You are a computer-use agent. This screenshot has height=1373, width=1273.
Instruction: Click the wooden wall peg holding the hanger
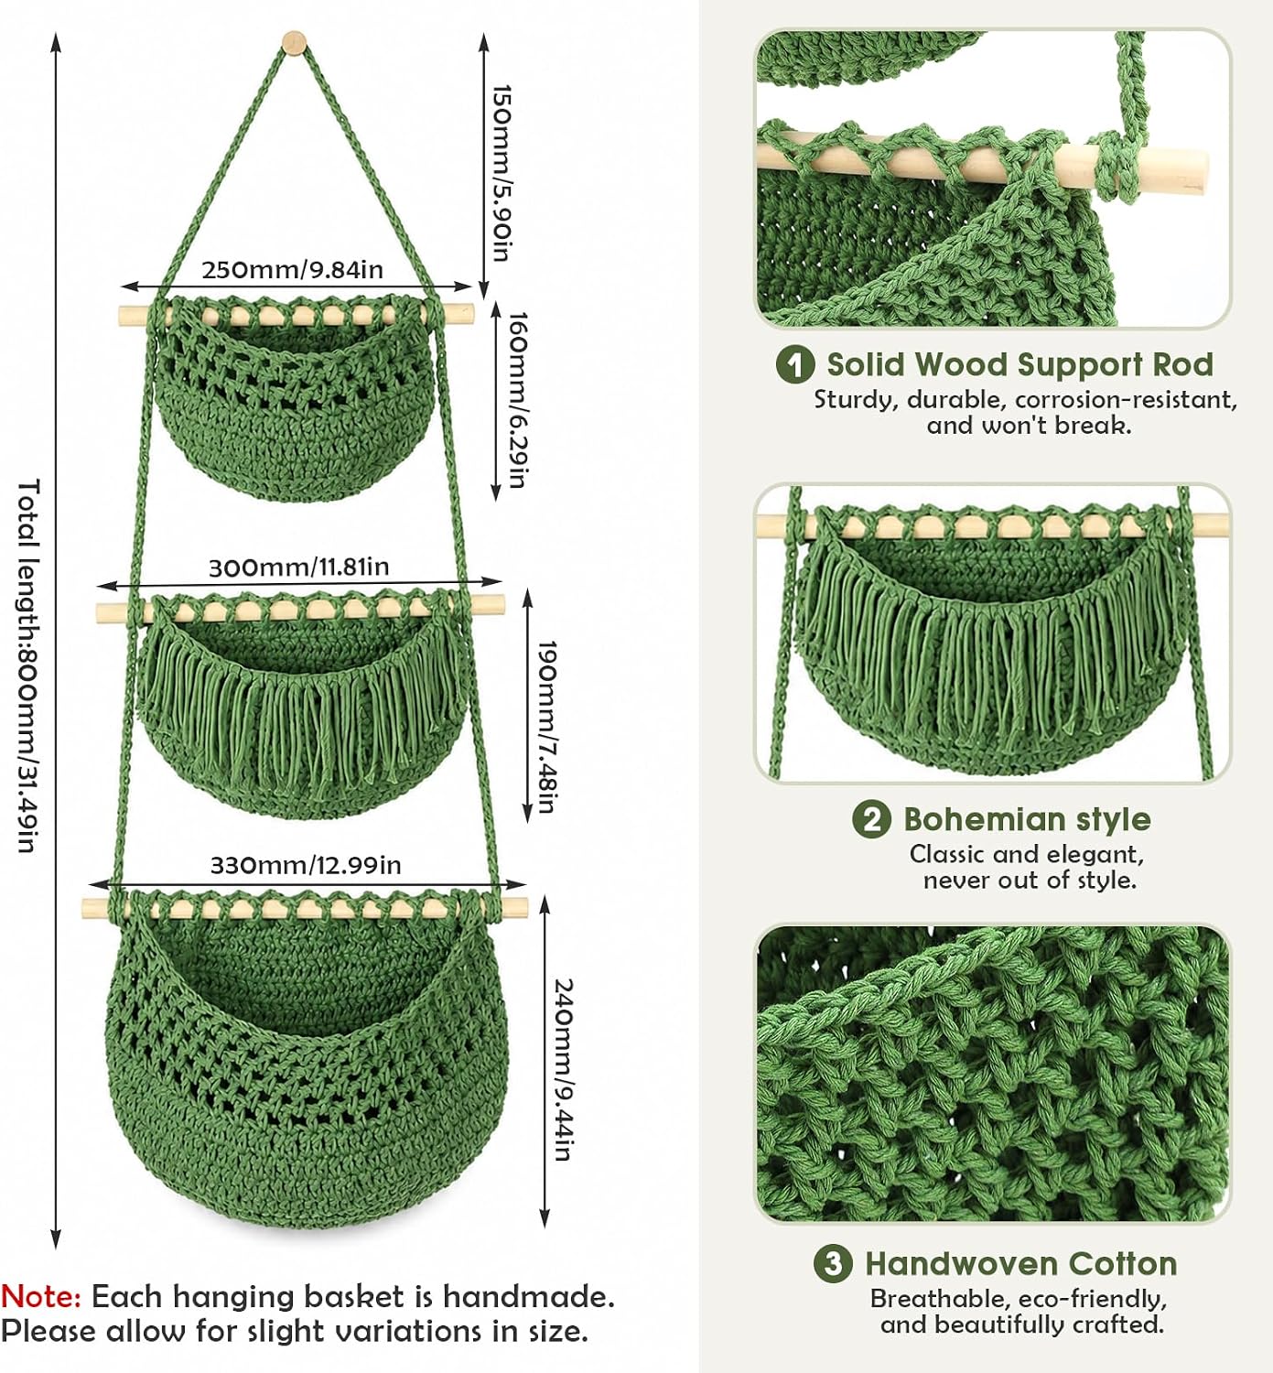click(x=294, y=43)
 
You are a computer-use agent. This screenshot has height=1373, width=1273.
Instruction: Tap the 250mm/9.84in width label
click(x=293, y=269)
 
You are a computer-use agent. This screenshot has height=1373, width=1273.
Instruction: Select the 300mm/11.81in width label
click(x=298, y=568)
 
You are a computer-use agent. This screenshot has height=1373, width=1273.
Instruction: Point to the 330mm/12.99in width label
click(x=306, y=865)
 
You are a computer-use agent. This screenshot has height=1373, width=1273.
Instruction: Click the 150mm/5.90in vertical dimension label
click(x=502, y=173)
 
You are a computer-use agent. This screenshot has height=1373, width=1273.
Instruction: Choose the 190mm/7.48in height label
click(x=547, y=728)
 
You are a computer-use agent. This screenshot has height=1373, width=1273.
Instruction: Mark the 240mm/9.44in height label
click(x=565, y=1069)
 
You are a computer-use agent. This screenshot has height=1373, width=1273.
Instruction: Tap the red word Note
click(x=41, y=1297)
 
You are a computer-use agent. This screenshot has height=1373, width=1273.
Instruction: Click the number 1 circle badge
click(x=794, y=364)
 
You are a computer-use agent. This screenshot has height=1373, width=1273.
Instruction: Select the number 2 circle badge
click(x=871, y=819)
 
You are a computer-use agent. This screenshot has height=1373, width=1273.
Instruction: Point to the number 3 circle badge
click(x=833, y=1264)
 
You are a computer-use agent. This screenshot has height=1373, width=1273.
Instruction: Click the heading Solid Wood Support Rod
click(x=1019, y=364)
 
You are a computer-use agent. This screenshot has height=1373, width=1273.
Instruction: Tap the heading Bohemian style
click(x=1027, y=820)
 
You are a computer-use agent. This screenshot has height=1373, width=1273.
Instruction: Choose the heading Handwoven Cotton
click(x=1021, y=1264)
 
